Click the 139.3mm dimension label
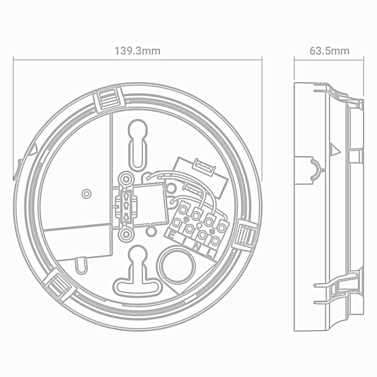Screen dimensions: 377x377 coord(137,51)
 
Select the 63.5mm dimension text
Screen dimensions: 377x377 coord(329,51)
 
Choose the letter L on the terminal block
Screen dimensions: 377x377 coord(210,253)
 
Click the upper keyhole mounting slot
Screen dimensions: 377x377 coord(138,145)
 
